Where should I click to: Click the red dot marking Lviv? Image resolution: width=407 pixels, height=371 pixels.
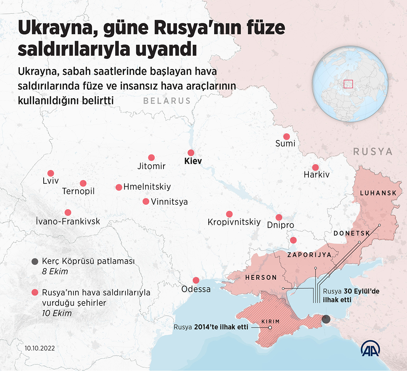coord(51,173)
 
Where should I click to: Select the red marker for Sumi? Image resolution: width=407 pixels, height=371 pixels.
coord(286,137)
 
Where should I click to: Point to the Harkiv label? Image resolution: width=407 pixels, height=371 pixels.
coord(317,175)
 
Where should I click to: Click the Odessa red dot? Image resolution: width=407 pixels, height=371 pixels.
coord(196,280)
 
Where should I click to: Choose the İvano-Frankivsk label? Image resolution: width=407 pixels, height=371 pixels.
coord(68,222)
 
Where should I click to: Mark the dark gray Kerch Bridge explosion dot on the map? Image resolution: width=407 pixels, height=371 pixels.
coord(326,319)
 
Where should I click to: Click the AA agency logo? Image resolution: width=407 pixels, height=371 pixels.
coord(370,350)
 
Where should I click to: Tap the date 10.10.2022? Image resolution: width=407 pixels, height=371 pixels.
coord(40,348)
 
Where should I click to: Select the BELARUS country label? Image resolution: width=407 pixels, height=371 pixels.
coord(167,101)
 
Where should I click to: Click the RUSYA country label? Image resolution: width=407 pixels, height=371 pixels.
coord(373,152)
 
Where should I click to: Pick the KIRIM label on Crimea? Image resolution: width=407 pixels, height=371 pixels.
coord(270,322)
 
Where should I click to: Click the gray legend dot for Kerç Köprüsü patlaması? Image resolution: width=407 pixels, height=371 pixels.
coord(35,261)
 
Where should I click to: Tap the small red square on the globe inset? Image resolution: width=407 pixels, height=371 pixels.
coord(348,84)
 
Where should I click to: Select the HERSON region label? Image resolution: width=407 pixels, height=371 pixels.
coord(261,278)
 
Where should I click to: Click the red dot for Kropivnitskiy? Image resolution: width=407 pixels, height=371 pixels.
coord(229,214)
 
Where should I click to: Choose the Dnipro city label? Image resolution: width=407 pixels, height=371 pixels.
coord(280,226)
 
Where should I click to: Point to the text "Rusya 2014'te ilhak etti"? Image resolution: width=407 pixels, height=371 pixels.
coord(211,327)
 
